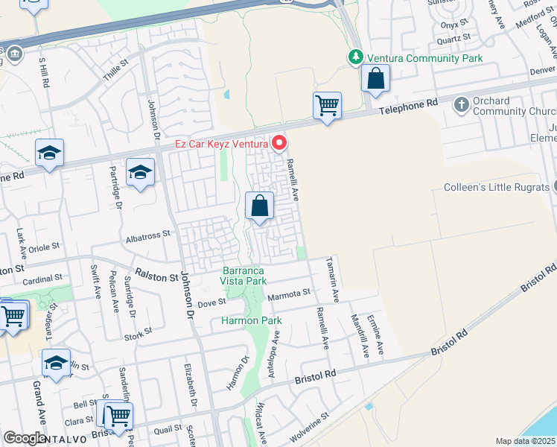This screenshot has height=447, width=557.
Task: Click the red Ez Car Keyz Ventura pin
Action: tap(280, 142)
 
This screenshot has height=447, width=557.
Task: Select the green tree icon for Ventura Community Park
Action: tap(356, 57)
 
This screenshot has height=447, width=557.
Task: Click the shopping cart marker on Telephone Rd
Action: tap(327, 106)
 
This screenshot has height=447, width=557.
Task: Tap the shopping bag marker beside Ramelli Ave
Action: tap(259, 206)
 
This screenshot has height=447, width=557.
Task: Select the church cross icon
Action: tap(461, 105)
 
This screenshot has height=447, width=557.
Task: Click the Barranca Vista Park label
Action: tap(244, 276)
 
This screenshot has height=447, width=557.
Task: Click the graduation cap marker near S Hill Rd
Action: tap(50, 153)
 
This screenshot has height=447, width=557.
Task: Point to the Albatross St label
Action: tap(148, 234)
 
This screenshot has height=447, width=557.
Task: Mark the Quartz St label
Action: tap(454, 37)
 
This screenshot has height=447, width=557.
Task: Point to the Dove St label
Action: tap(211, 304)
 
